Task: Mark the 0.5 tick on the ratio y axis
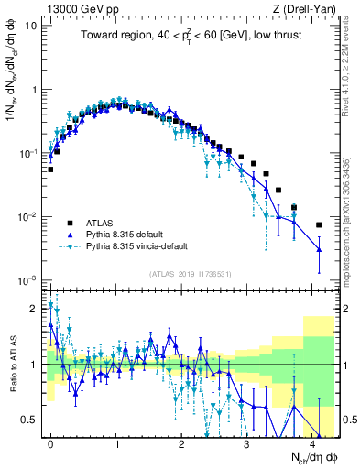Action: pos(33,420)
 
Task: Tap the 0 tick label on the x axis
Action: pos(50,442)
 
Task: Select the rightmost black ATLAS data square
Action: pos(319,224)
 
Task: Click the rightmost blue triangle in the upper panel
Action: pos(319,249)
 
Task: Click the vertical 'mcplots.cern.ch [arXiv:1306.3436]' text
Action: pos(354,220)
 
